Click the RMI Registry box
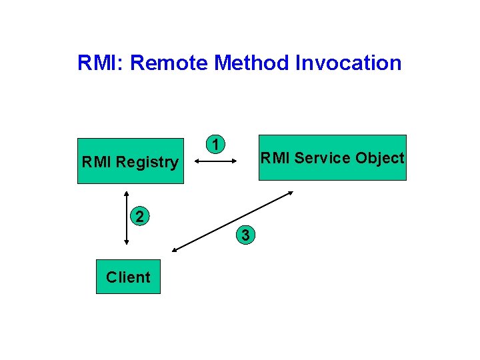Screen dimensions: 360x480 click(x=130, y=161)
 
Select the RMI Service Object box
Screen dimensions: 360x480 click(x=332, y=158)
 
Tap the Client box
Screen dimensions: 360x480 click(x=128, y=277)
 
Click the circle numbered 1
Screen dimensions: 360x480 click(x=215, y=144)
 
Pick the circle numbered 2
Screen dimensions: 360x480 click(x=139, y=215)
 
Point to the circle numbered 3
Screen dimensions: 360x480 click(x=246, y=235)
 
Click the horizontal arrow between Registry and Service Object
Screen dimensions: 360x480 click(x=217, y=161)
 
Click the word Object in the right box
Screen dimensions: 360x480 click(x=379, y=158)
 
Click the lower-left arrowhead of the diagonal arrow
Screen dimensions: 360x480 click(x=175, y=250)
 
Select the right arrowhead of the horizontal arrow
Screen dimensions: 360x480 click(x=236, y=161)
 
